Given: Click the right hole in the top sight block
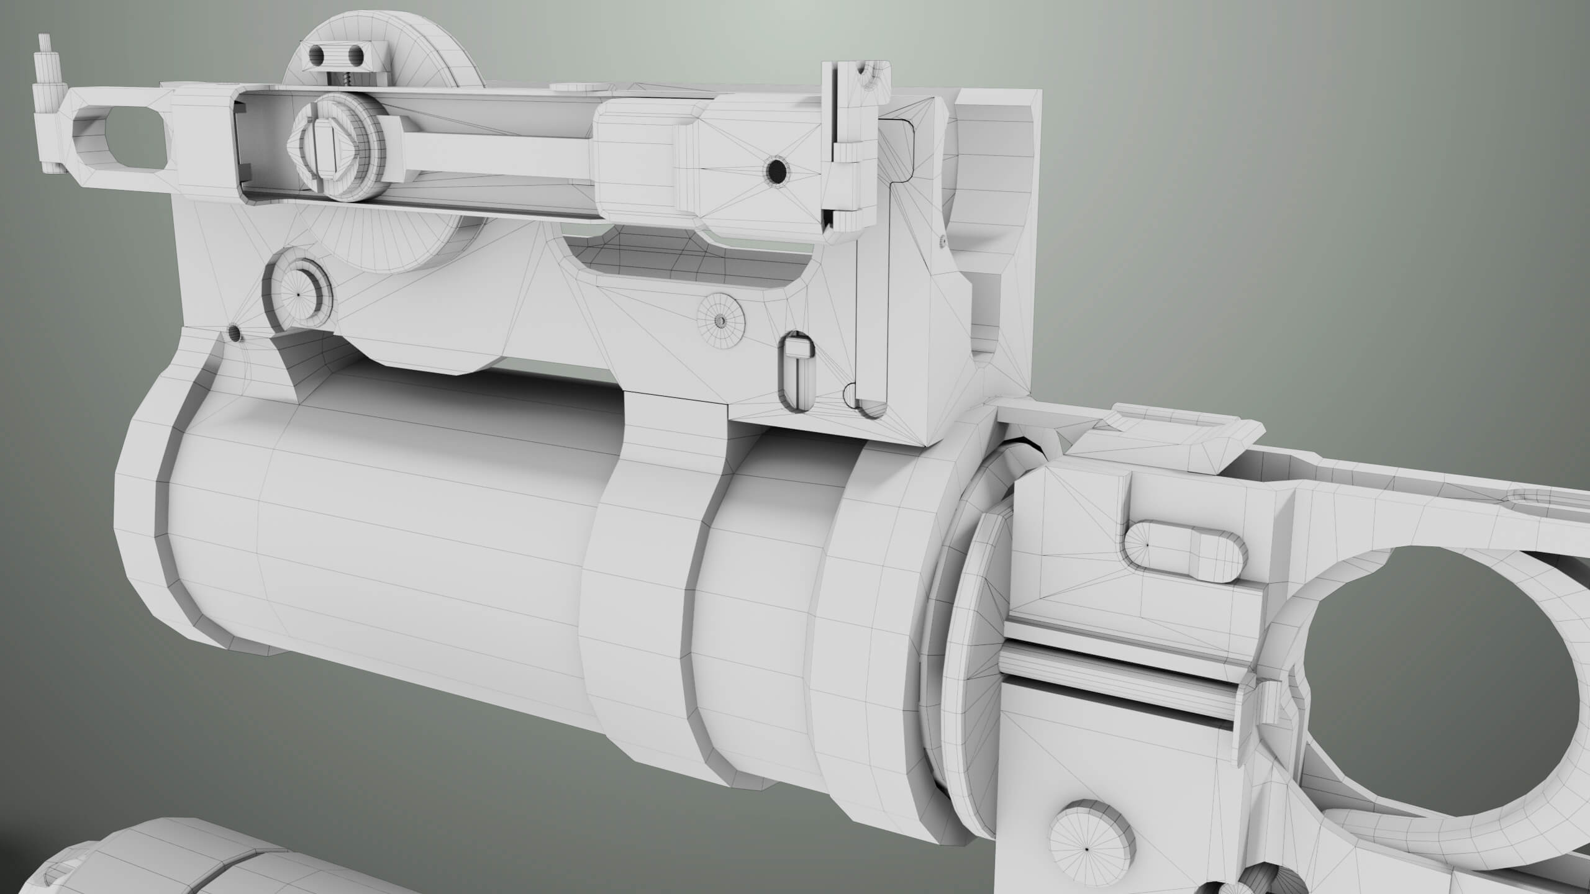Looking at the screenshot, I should [356, 57].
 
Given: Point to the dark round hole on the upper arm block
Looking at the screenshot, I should [776, 169].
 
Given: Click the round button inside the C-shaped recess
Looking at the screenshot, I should [298, 294].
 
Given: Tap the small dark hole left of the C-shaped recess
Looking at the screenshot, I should [235, 333].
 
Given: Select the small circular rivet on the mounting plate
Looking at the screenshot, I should [720, 320].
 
